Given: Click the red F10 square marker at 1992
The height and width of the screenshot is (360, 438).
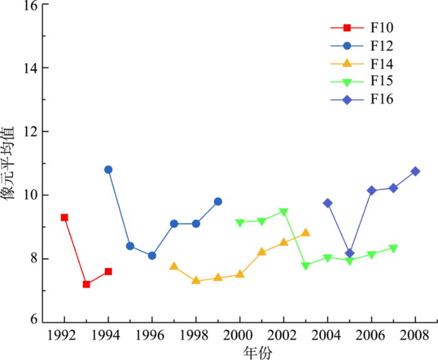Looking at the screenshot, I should [x=64, y=217].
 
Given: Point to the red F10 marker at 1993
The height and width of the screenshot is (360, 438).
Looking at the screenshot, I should [x=86, y=284].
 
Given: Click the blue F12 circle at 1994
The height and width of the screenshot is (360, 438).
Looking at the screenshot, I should [x=108, y=170].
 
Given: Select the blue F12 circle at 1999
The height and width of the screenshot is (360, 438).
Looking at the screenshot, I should [x=218, y=202].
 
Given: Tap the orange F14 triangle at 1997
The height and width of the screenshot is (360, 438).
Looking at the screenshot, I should [x=174, y=266].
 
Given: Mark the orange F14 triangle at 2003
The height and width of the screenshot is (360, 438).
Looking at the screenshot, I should [x=305, y=232].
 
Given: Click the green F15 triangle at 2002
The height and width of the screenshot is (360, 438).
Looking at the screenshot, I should [x=283, y=212].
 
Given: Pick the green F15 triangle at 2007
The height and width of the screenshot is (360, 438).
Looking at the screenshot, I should [x=393, y=249].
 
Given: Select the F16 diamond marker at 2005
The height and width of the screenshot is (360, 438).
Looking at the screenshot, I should [x=349, y=254].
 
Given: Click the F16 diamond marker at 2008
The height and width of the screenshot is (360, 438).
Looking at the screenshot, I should [x=415, y=172].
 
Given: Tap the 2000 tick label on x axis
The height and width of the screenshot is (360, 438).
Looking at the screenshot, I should [x=240, y=334].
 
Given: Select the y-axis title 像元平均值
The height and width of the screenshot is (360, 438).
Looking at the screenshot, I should [x=11, y=163].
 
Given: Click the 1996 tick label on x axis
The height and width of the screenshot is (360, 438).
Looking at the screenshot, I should [x=152, y=334].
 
